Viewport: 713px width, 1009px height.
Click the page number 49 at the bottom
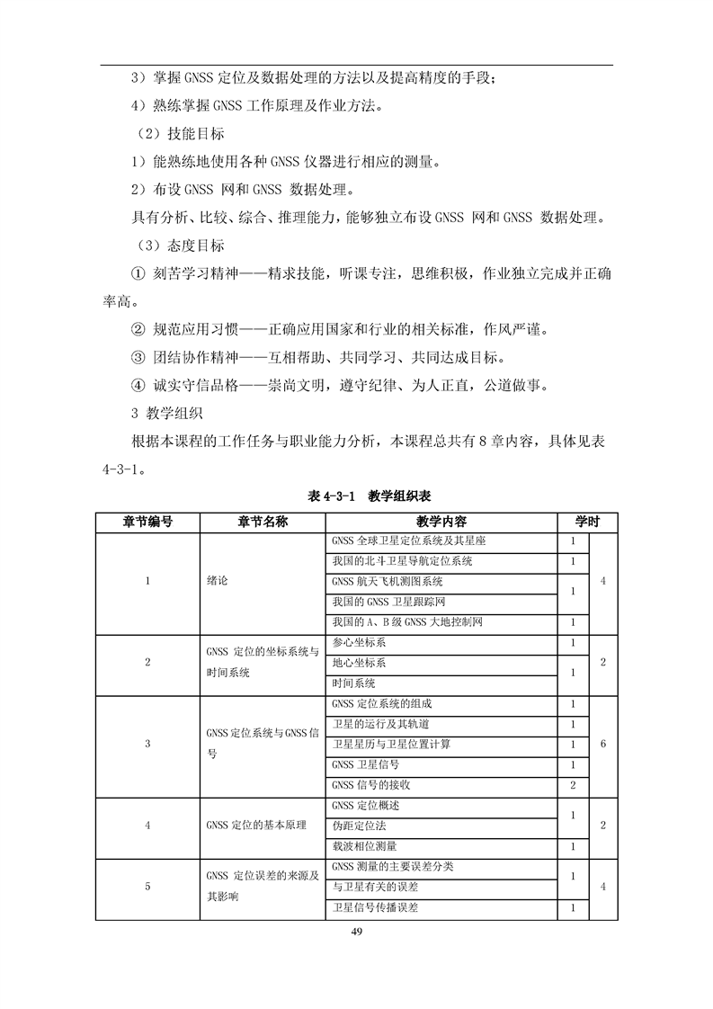356,930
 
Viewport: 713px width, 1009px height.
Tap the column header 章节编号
147,522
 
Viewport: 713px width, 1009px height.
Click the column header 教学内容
441,522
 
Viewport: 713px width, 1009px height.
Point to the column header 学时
588,522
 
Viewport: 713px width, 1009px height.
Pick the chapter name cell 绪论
218,581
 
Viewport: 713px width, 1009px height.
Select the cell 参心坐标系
359,643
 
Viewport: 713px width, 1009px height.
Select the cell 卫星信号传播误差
375,907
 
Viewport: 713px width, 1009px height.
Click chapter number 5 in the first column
147,887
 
